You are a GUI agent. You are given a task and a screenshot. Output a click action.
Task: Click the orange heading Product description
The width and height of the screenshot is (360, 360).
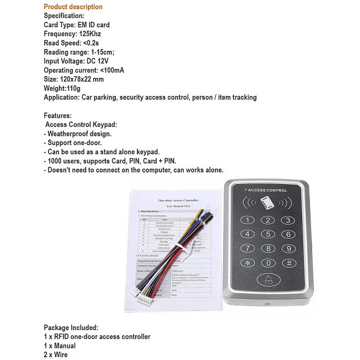(x=73, y=7)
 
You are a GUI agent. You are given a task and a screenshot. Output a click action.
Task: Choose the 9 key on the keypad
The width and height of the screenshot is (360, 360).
(x=288, y=249)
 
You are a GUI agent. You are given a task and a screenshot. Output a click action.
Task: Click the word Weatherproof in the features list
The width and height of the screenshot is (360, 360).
(x=71, y=134)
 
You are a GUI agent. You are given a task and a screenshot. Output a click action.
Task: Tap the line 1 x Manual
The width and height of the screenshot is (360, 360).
(x=60, y=346)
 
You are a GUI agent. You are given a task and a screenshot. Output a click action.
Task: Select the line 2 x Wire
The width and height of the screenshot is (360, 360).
(x=56, y=354)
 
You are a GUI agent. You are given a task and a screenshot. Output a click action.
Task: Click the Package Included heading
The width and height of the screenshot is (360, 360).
(x=71, y=328)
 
